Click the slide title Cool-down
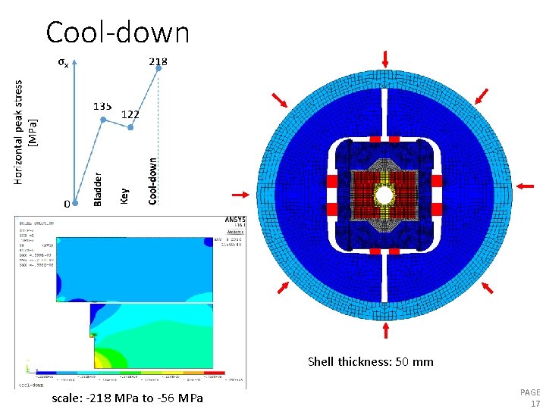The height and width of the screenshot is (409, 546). coord(118,33)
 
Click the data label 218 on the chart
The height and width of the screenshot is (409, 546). coord(158,61)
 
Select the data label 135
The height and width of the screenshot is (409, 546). coord(103,106)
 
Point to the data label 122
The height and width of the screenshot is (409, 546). coord(130,114)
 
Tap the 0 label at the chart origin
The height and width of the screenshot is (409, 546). coord(67,204)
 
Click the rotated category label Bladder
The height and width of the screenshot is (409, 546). coord(97,189)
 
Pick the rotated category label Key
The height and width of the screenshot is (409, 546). coord(125,195)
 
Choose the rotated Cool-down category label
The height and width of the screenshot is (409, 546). coord(153,180)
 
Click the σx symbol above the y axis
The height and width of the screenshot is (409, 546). coord(64,63)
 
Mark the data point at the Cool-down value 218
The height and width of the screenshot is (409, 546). coord(158,68)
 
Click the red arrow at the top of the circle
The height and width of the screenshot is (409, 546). coord(386,59)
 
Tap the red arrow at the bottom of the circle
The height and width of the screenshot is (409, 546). coord(386,330)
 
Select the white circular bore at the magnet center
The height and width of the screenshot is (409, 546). coord(385,195)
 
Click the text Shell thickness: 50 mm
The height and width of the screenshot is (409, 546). coord(371,361)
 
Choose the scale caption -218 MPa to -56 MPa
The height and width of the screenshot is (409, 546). coord(127,398)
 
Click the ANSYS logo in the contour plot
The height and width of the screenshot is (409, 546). coord(236,220)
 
